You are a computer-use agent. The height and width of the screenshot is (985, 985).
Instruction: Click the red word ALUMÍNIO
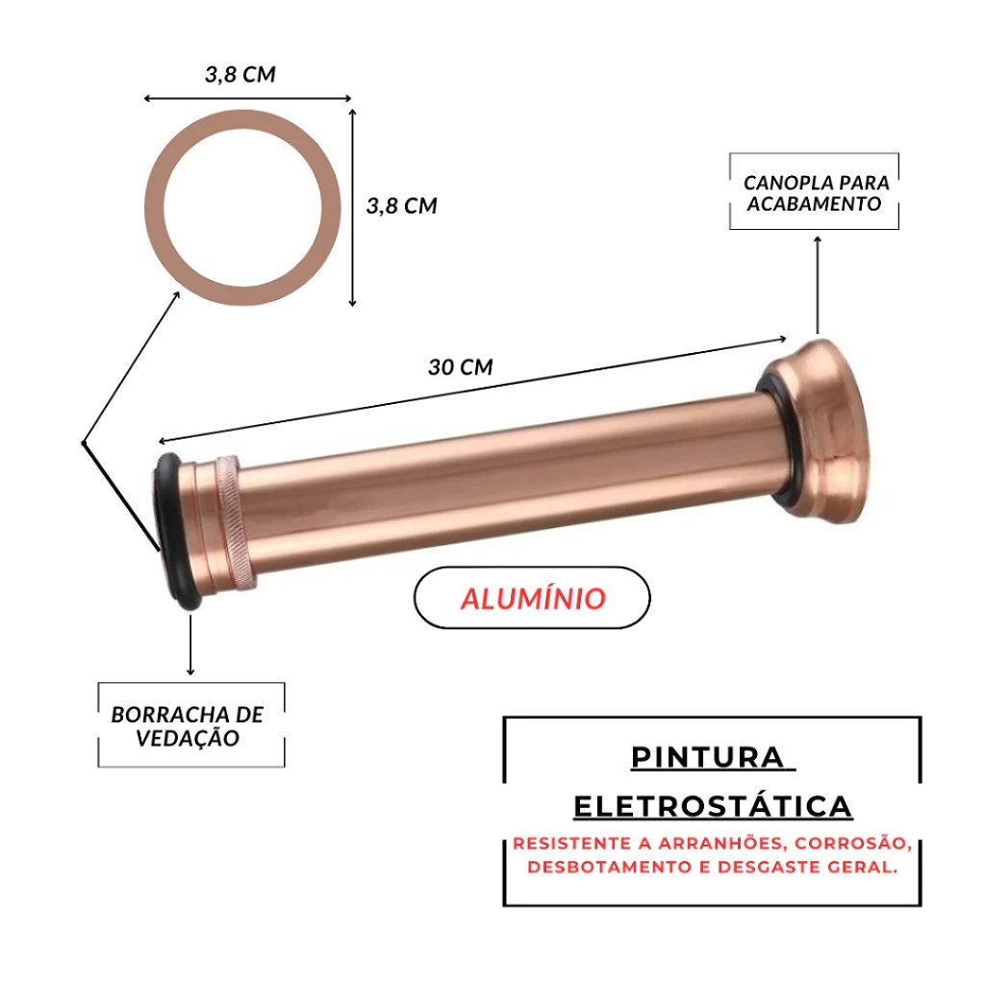coord(533,597)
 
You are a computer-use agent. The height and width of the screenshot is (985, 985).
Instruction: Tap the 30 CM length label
coord(461,366)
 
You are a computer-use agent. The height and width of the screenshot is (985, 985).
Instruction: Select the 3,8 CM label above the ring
coord(240,74)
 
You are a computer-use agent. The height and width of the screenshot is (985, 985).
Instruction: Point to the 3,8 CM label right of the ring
coord(401,206)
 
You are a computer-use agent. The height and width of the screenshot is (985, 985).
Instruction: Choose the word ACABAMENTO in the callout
coord(814,204)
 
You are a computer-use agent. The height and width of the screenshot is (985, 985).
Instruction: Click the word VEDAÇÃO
coord(188,738)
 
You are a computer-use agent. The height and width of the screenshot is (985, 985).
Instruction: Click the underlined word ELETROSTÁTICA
coord(713,807)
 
